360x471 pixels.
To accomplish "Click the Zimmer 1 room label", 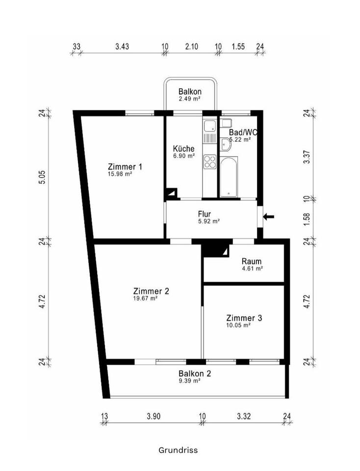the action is point(125,167).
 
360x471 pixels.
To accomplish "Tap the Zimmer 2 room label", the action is point(151,291).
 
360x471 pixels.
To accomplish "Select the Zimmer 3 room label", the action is point(244,318).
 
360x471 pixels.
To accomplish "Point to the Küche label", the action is point(184,149).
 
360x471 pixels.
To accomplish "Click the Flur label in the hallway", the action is point(205,214).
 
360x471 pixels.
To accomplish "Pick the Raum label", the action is point(252,261).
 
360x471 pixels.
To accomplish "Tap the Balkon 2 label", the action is point(195,373).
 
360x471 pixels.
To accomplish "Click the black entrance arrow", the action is point(269,216).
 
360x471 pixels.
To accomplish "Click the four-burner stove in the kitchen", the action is point(210,161).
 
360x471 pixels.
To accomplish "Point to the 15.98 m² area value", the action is point(121,174).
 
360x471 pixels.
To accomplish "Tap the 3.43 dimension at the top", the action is point(122,47).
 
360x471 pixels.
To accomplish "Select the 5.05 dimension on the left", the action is point(43,177).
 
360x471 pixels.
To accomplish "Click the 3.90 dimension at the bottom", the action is point(154,417).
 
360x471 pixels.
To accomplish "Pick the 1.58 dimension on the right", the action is point(307,220).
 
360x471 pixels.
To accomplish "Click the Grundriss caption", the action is point(178,449).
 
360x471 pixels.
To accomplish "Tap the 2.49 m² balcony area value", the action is point(190,99).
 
